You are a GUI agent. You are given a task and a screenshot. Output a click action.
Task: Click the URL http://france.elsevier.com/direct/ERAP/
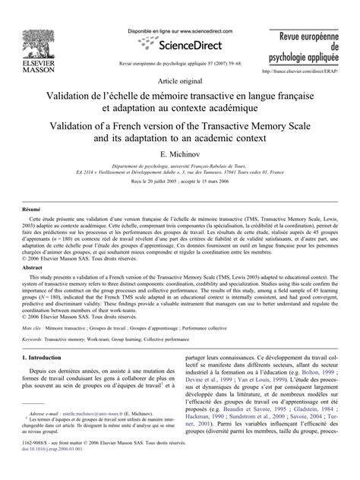[303, 74]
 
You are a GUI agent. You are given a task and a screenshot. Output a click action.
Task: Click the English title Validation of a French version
[179, 131]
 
